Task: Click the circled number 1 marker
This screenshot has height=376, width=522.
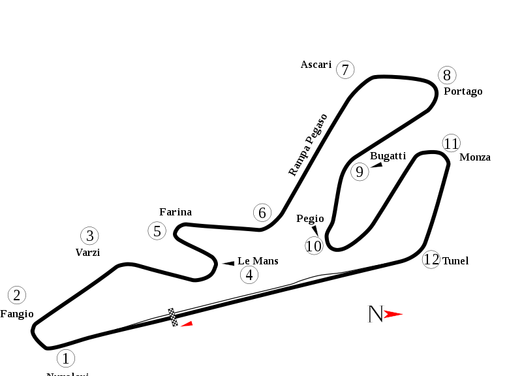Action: click(65, 358)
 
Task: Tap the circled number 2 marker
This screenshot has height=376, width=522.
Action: click(17, 295)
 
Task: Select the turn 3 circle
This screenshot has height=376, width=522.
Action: click(89, 236)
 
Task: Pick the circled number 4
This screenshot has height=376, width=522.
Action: click(249, 275)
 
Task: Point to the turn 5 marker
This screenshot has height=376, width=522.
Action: click(157, 231)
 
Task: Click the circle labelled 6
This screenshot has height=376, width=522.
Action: click(262, 213)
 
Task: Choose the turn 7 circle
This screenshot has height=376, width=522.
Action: click(345, 70)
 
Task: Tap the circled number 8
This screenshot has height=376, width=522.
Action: click(447, 75)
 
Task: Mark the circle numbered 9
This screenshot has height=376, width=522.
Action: click(360, 172)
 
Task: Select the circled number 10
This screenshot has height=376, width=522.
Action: click(314, 246)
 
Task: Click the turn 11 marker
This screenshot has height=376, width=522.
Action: click(452, 144)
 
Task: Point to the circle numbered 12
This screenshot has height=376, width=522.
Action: click(431, 260)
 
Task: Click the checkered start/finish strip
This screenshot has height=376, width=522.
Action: click(173, 317)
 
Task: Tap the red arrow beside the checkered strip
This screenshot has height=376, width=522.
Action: click(187, 324)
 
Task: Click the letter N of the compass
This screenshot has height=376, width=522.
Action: click(375, 314)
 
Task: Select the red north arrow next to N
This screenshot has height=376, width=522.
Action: click(393, 314)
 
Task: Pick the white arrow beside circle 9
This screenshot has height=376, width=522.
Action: click(376, 165)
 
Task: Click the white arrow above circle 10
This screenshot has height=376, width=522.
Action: click(315, 229)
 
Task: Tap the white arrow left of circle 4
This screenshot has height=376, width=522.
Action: click(228, 263)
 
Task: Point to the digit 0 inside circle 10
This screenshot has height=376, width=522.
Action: click(317, 246)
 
